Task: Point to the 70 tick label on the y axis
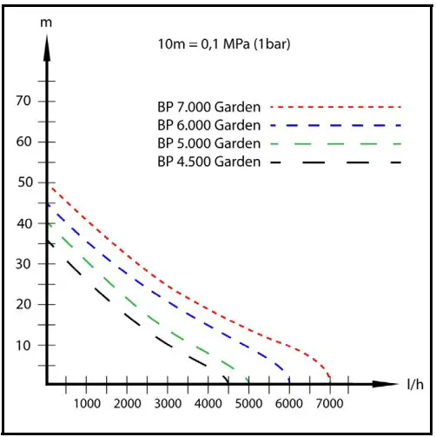(x=24, y=101)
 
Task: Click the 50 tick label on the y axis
(x=24, y=182)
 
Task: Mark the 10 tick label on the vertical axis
(x=24, y=345)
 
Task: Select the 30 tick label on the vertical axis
(x=24, y=263)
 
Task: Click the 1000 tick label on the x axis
(x=87, y=404)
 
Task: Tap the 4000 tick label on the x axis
(x=208, y=404)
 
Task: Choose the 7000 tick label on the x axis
(x=330, y=404)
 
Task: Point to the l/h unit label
(x=415, y=383)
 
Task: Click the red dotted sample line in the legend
(x=335, y=107)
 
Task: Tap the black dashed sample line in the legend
(x=335, y=162)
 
